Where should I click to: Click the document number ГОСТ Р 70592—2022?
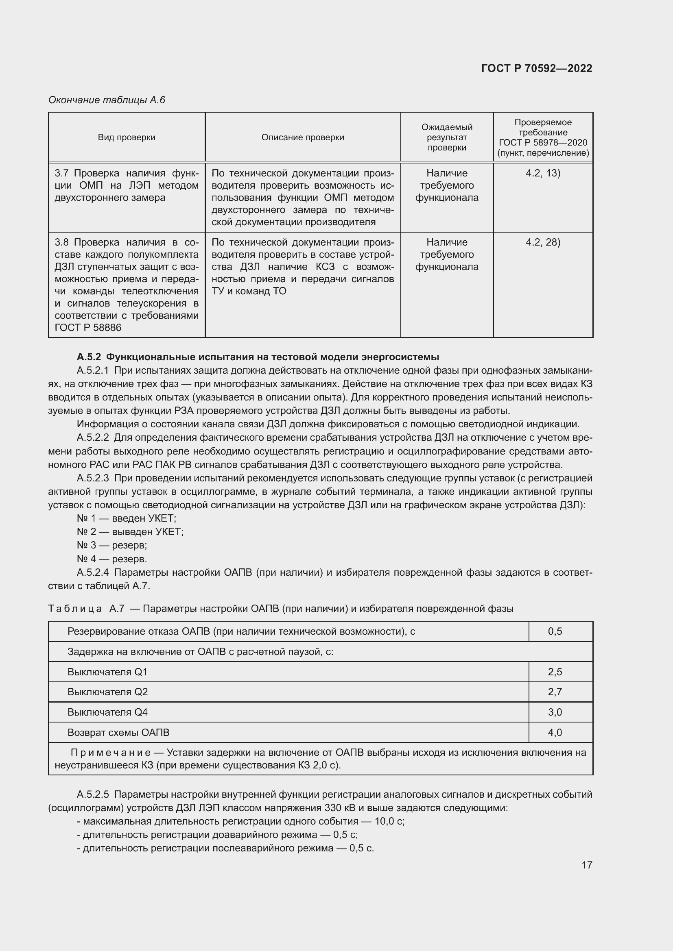[x=536, y=68]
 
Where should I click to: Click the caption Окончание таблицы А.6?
[x=107, y=100]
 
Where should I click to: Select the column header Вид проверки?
[x=127, y=137]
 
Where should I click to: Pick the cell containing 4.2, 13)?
[x=542, y=173]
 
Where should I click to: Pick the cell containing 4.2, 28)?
[x=542, y=242]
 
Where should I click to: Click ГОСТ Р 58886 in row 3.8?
[x=88, y=328]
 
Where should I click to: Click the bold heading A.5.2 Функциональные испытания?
[x=257, y=357]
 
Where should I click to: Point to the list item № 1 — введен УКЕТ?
[x=127, y=518]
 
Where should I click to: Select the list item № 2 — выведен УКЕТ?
[x=130, y=532]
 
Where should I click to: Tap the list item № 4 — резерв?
[x=111, y=559]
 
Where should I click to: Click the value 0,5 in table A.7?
[x=555, y=632]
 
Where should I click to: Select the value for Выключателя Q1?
[x=555, y=672]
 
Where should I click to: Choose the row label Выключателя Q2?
[x=107, y=692]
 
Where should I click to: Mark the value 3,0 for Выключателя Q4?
[x=555, y=712]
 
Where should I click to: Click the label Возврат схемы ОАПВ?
[x=118, y=733]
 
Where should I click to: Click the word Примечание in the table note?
[x=110, y=753]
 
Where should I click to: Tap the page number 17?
[x=587, y=865]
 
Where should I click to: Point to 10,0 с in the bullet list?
[x=389, y=821]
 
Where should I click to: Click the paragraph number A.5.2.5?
[x=92, y=794]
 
